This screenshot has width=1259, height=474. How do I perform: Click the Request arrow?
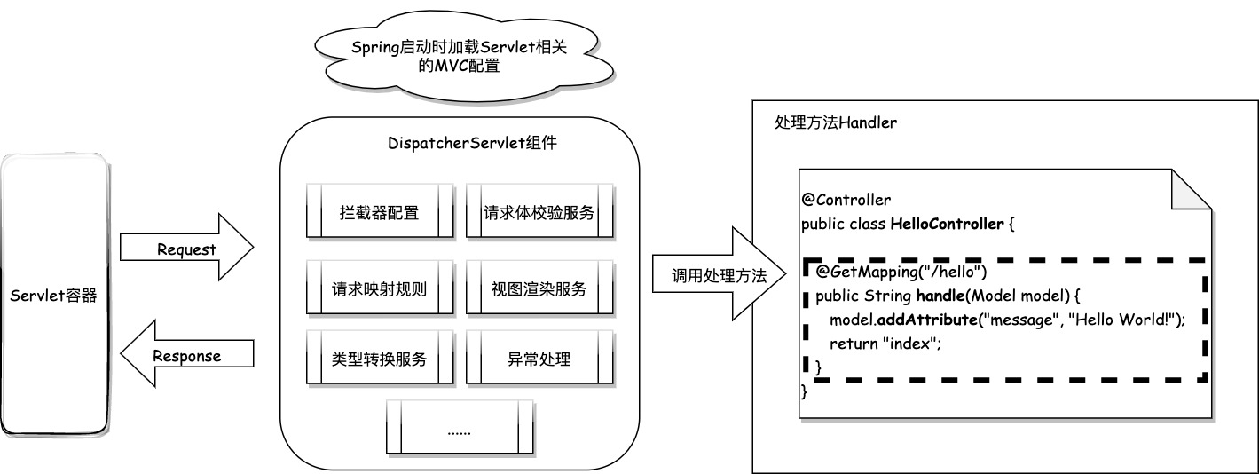point(186,249)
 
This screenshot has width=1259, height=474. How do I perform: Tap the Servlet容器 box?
point(54,295)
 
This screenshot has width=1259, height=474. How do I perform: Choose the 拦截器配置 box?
point(380,213)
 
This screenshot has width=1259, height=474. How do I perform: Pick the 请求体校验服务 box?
point(539,213)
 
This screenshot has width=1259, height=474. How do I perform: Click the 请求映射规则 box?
point(380,288)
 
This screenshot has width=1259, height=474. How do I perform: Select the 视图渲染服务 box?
point(539,288)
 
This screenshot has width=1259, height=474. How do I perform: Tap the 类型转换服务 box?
point(380,359)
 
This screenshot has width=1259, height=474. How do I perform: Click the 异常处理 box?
point(539,359)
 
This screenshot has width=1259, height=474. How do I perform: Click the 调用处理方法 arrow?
point(719,275)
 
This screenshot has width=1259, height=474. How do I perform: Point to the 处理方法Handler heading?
point(835,122)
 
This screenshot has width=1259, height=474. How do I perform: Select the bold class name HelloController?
point(946,223)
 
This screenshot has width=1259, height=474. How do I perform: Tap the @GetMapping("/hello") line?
point(895,271)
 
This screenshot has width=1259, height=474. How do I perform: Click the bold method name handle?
point(941,295)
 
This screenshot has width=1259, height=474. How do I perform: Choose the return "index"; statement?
point(885,343)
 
